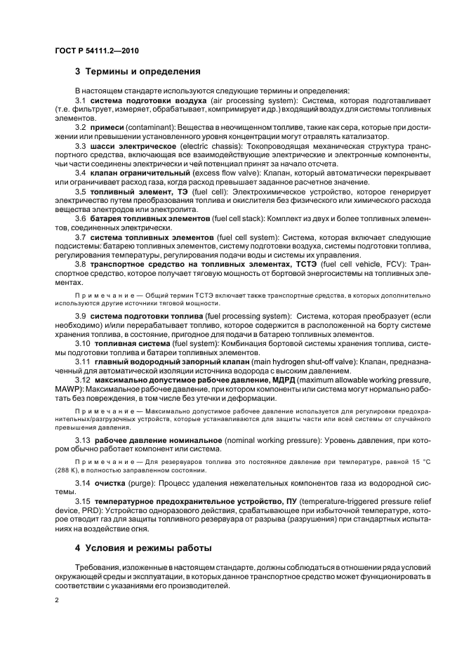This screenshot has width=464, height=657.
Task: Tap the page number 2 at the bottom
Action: click(x=57, y=601)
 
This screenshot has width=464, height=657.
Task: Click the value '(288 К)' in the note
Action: click(x=67, y=472)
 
